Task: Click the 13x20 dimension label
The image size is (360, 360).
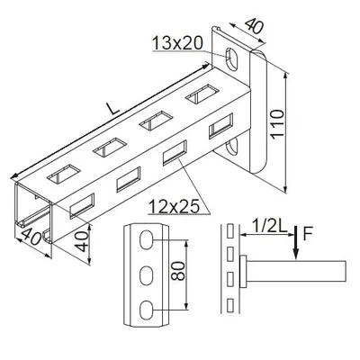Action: click(177, 43)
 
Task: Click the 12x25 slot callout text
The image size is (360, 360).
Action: click(174, 207)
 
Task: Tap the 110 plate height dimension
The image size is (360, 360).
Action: click(276, 123)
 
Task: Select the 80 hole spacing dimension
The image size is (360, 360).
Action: click(179, 271)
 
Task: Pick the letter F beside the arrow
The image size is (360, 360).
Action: click(308, 234)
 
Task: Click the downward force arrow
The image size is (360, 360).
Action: click(296, 242)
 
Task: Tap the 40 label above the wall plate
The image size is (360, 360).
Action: click(254, 25)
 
